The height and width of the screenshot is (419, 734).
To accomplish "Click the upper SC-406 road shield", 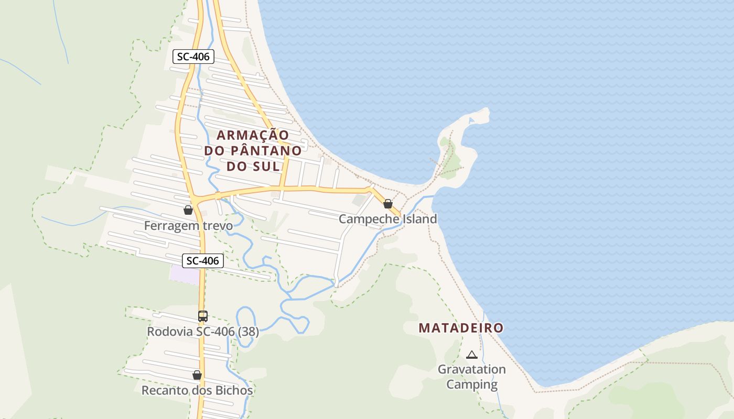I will click(x=193, y=57).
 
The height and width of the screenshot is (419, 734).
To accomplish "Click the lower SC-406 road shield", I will click(x=203, y=260).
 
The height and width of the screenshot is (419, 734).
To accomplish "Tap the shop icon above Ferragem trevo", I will click(x=188, y=210).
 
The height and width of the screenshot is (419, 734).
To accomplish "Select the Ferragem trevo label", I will click(x=188, y=226).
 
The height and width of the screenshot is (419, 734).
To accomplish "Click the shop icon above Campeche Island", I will click(x=388, y=204).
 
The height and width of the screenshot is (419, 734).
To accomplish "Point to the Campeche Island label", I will click(x=387, y=219).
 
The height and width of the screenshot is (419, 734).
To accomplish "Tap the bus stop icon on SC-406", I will click(x=203, y=316).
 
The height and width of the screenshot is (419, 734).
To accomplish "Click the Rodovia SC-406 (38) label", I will click(x=202, y=332).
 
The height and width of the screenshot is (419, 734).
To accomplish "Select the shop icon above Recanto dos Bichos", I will click(x=197, y=375).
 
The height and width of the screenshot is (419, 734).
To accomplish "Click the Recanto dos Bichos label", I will click(x=197, y=391).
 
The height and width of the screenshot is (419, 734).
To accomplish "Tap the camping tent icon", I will click(x=472, y=355).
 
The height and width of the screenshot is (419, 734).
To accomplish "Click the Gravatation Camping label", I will click(x=472, y=377).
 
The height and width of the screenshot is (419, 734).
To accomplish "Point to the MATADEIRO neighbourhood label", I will click(x=461, y=328).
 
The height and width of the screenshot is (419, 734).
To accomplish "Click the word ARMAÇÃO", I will click(x=253, y=135).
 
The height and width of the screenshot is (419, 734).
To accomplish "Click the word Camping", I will click(x=472, y=384).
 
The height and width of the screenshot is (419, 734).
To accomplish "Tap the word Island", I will click(x=419, y=219).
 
